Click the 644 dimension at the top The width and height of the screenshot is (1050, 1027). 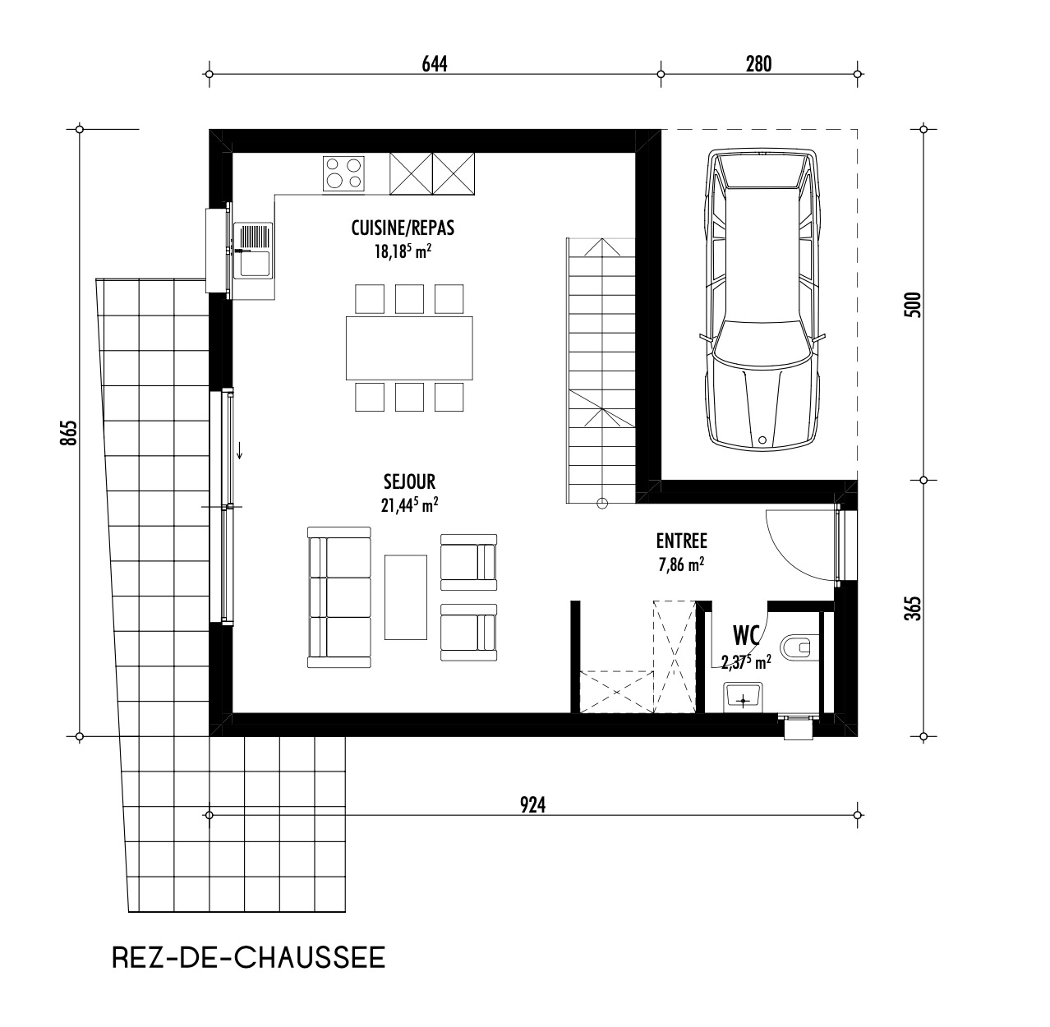434,63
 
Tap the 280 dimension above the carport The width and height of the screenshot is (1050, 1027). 758,63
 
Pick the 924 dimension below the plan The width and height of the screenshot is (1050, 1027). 532,805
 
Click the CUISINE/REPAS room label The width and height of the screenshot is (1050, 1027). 403,228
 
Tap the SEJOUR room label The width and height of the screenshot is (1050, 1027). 408,481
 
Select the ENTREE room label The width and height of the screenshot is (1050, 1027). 681,541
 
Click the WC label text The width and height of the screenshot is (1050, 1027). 746,635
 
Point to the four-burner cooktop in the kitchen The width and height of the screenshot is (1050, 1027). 343,174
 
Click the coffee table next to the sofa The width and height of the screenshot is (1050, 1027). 406,596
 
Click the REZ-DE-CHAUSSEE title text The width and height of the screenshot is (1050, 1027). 247,958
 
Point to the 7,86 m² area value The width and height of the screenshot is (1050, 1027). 681,565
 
